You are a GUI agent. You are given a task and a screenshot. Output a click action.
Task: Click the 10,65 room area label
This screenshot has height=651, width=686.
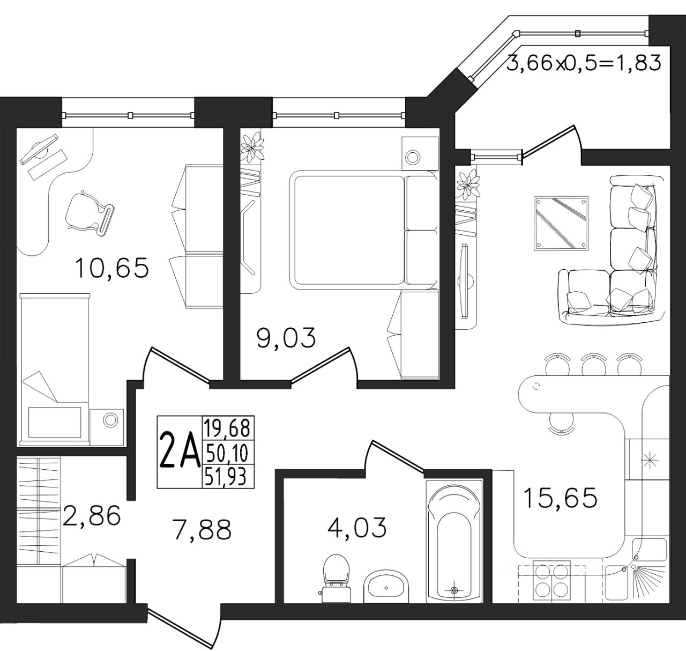pyautogui.click(x=112, y=268)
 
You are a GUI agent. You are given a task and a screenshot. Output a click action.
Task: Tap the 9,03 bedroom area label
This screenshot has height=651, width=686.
pyautogui.click(x=286, y=338)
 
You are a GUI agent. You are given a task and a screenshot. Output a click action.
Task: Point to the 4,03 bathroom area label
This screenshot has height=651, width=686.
pyautogui.click(x=357, y=527)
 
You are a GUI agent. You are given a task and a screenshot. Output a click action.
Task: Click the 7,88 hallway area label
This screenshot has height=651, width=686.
pyautogui.click(x=202, y=529)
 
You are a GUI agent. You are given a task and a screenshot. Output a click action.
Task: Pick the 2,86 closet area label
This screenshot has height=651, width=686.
pyautogui.click(x=92, y=515)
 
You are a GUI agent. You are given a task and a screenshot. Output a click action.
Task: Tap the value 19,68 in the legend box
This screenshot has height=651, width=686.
pyautogui.click(x=227, y=428)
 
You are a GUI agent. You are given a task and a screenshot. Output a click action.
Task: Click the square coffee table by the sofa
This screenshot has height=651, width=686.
pyautogui.click(x=561, y=223)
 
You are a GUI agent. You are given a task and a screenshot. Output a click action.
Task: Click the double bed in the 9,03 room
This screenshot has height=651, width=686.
pyautogui.click(x=363, y=230)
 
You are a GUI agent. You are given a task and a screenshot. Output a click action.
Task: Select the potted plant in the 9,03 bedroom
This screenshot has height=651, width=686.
pyautogui.click(x=252, y=147)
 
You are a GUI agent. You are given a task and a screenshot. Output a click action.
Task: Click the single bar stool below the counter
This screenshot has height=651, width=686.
pyautogui.click(x=561, y=423)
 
